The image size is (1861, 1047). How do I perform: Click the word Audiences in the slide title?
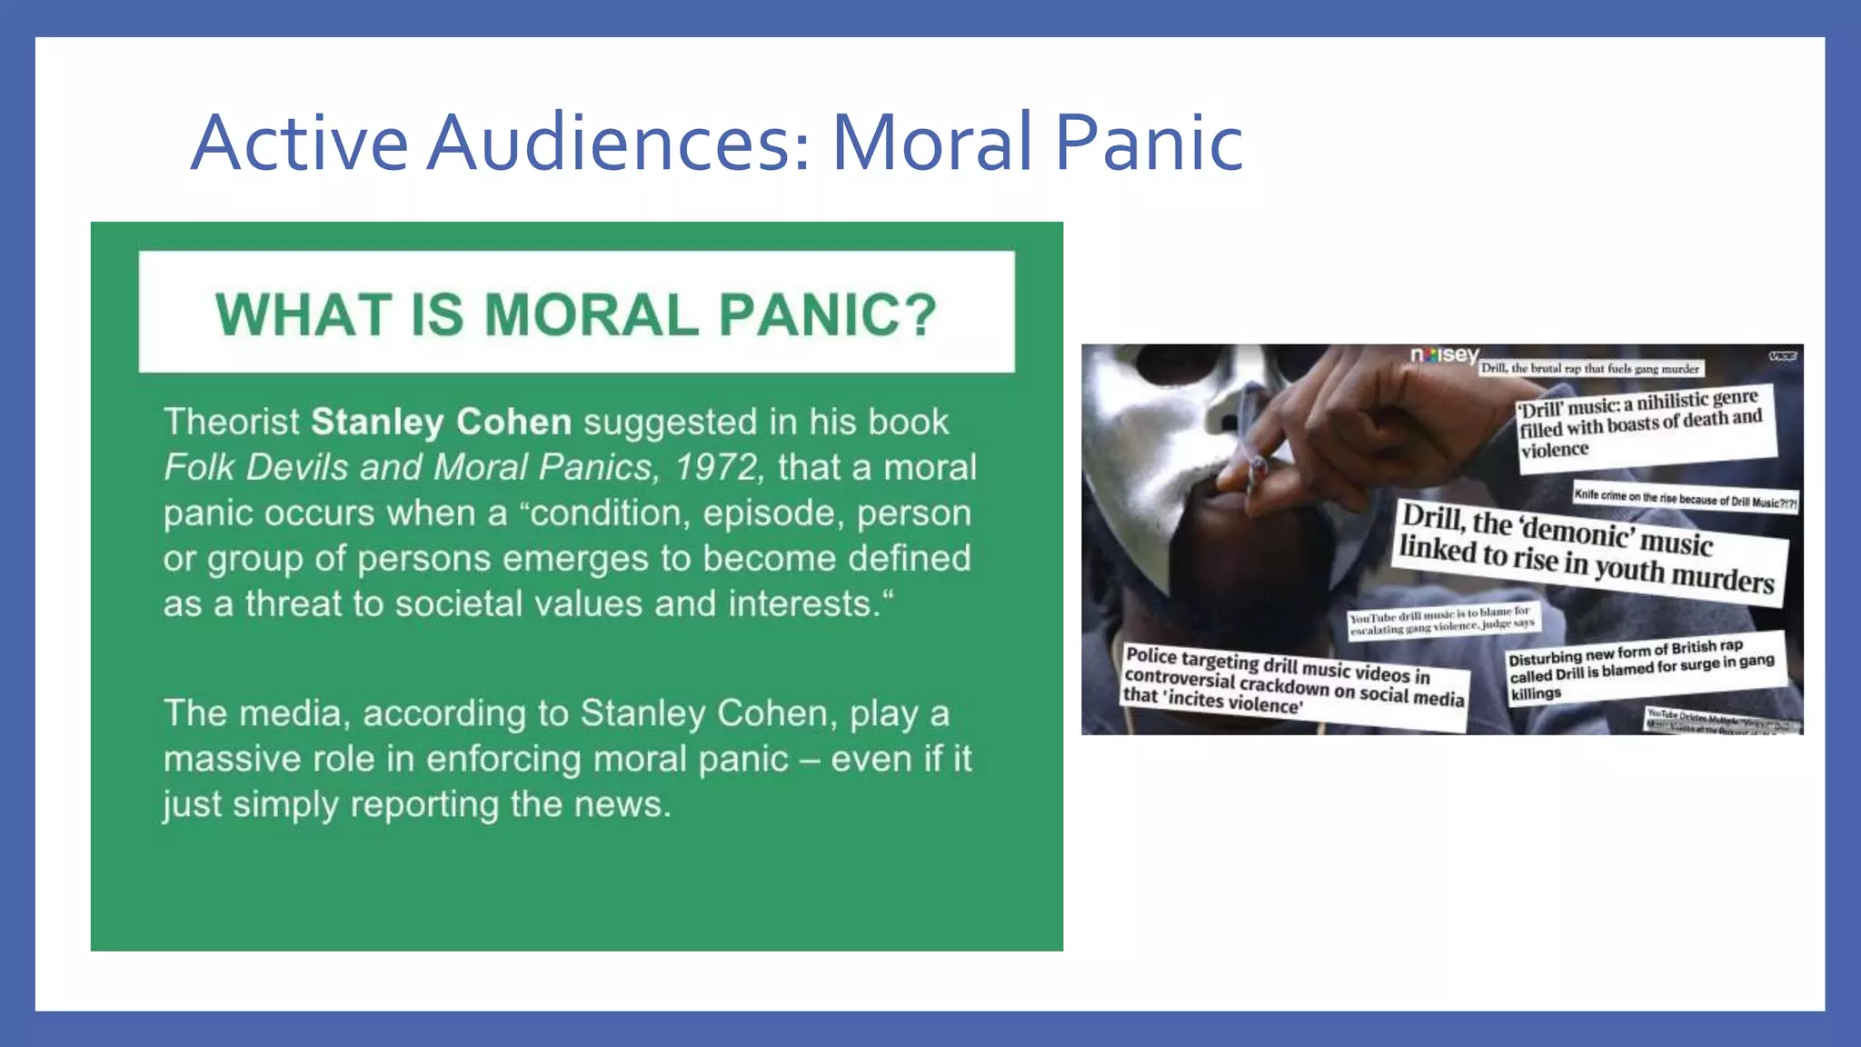pos(618,143)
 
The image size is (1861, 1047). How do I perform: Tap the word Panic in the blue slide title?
pos(1149,143)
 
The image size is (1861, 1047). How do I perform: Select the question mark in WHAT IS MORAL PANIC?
pos(920,314)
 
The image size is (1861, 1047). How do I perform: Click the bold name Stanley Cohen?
pos(441,422)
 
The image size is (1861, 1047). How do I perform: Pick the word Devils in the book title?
pos(296,467)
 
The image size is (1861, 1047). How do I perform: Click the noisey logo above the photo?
pos(1445,355)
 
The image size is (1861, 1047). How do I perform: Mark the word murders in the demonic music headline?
pos(1723,578)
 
